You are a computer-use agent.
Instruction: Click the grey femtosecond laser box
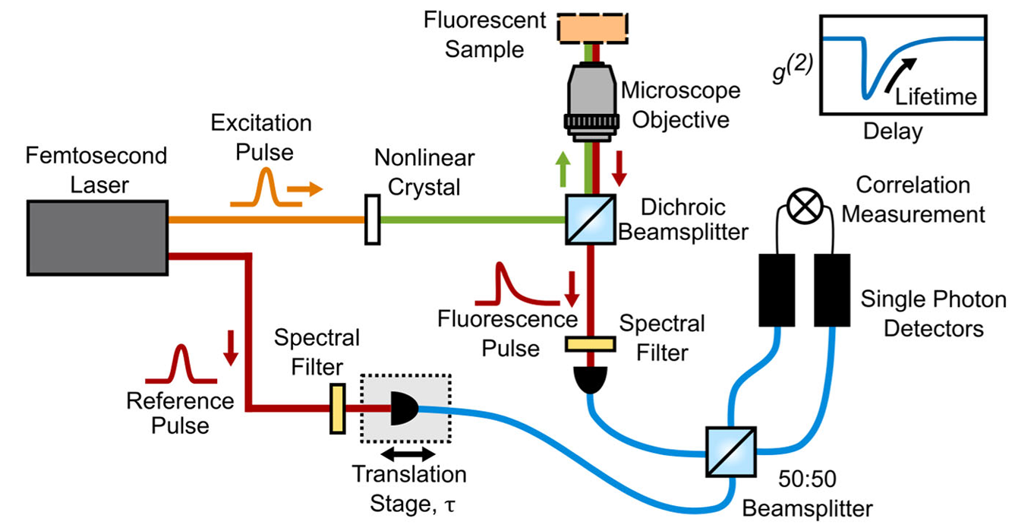point(97,237)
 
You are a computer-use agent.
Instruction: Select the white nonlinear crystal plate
point(372,220)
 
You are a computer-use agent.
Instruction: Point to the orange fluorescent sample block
point(592,28)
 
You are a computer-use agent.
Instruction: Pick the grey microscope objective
point(591,100)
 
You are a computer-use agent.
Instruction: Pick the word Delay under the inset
point(893,131)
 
